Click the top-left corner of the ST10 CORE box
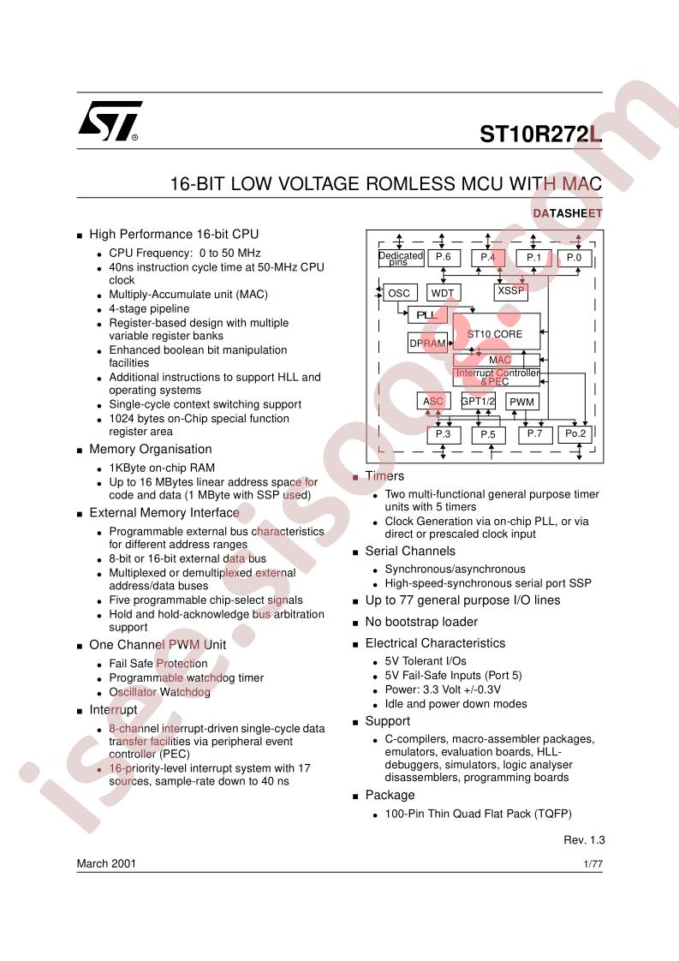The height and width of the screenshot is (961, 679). (453, 313)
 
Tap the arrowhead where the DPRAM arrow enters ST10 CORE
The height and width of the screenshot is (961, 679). (450, 343)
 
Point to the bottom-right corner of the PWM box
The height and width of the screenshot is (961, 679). (539, 409)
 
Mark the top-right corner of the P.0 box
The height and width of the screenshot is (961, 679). (592, 249)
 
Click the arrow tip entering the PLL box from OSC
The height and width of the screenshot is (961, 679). (407, 313)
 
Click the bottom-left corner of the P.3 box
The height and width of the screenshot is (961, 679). (427, 444)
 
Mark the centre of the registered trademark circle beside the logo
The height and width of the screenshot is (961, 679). (134, 137)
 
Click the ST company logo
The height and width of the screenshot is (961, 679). (109, 121)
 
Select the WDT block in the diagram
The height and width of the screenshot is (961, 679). (443, 293)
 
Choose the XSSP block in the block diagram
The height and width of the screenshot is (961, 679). (510, 290)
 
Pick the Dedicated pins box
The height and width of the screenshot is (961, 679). (401, 258)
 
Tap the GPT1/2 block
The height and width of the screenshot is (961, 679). (478, 402)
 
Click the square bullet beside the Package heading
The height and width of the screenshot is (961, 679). (355, 797)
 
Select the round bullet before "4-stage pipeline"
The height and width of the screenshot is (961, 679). (99, 309)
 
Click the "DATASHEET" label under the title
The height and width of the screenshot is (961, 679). (568, 213)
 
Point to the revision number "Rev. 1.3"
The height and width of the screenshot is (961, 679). (584, 839)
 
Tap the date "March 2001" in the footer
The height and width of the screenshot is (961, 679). (106, 863)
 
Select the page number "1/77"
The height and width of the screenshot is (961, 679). (593, 864)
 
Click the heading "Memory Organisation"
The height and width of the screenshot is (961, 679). (151, 450)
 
